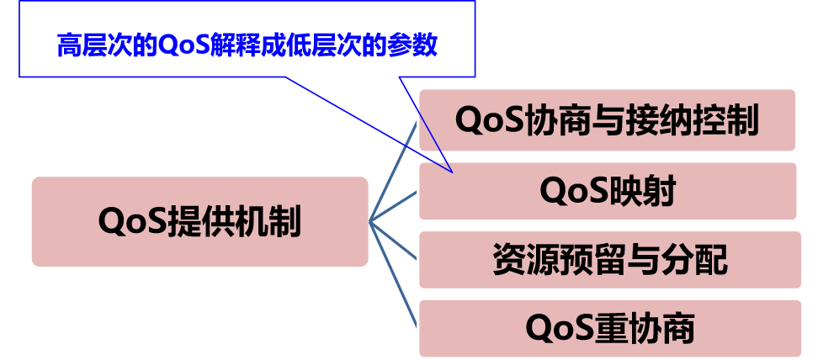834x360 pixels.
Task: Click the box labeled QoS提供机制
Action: tap(199, 222)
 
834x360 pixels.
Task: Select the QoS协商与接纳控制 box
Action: tap(607, 120)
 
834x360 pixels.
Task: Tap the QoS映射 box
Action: tap(607, 191)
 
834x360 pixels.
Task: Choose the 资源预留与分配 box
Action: tap(609, 260)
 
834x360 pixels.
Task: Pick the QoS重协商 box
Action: tap(609, 328)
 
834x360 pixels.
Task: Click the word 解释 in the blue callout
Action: tap(239, 45)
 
